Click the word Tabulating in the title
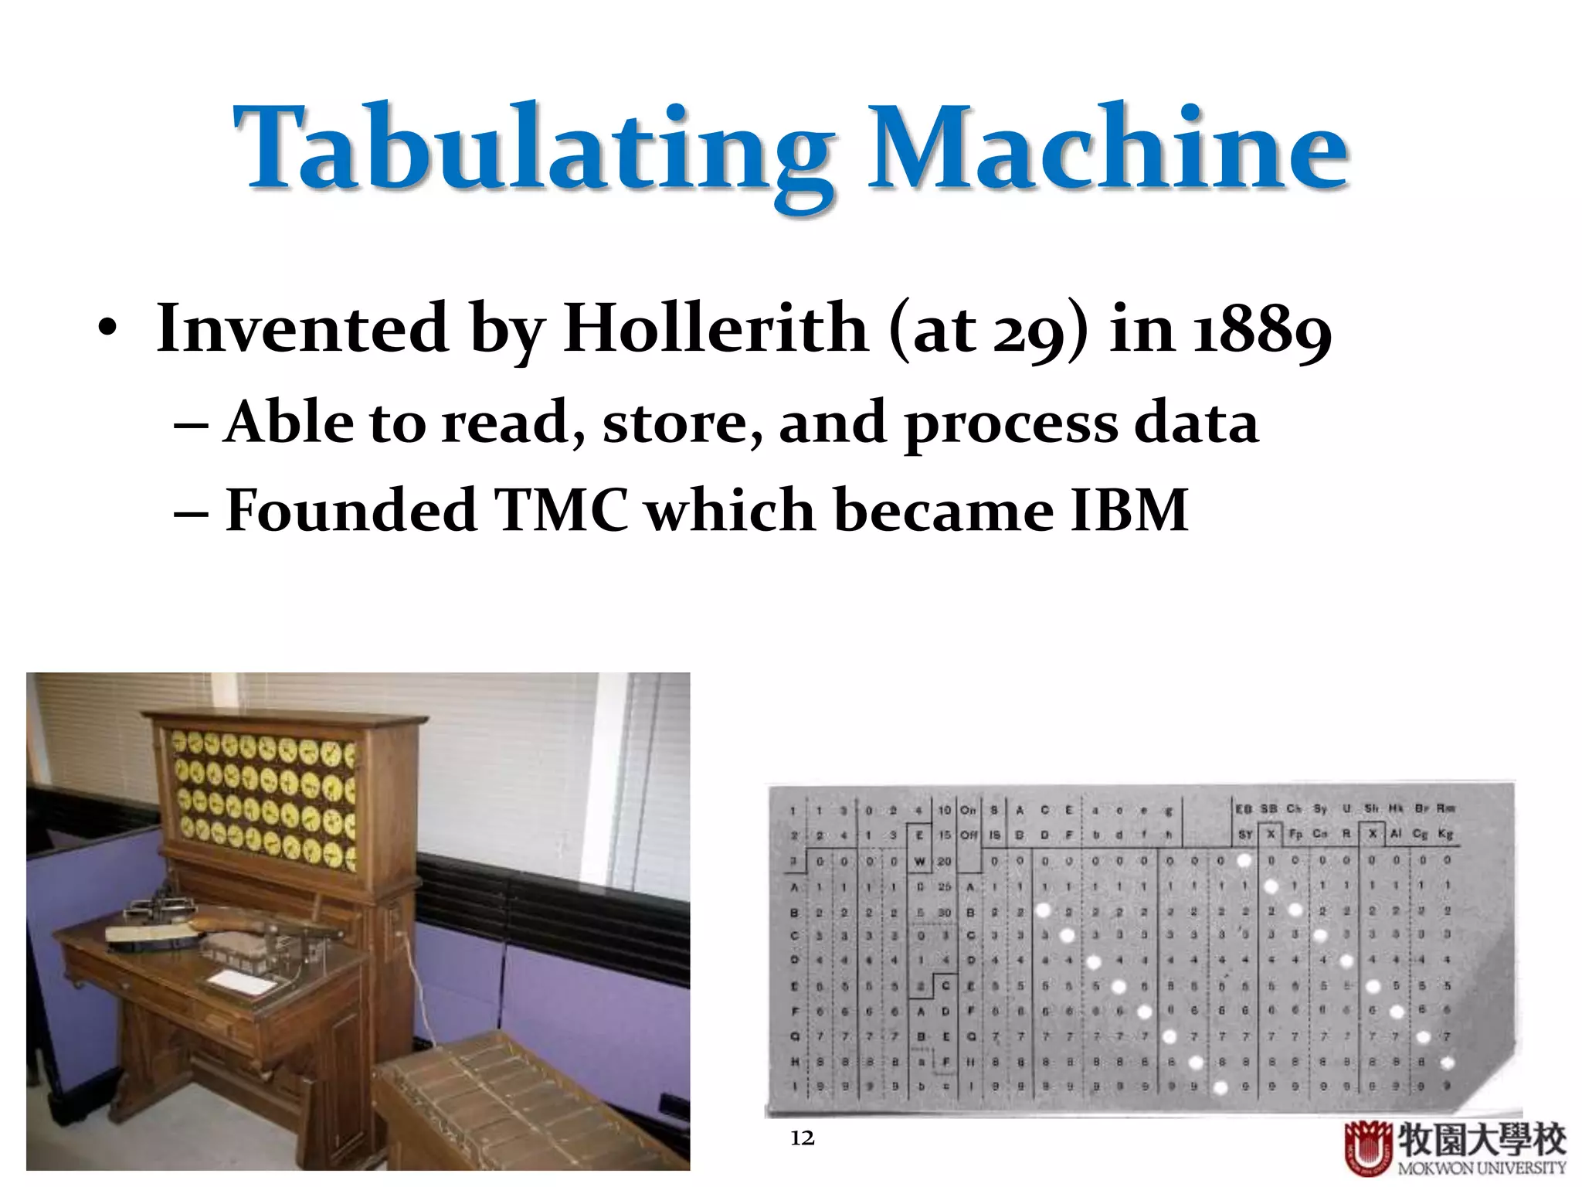point(533,151)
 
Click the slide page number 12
point(802,1138)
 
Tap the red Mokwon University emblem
point(1368,1148)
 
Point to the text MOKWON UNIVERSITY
point(1481,1168)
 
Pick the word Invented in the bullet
point(302,328)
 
